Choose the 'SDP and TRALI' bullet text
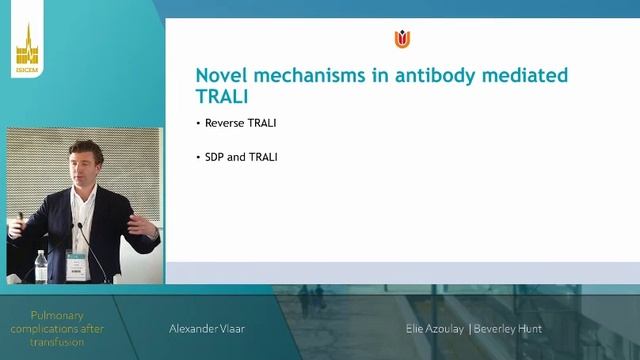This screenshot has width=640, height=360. pyautogui.click(x=240, y=157)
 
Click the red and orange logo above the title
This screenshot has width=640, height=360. pyautogui.click(x=402, y=39)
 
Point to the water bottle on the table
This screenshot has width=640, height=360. pyautogui.click(x=40, y=265)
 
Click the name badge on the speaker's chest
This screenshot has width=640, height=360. pyautogui.click(x=75, y=265)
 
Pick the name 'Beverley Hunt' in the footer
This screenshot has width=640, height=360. pyautogui.click(x=508, y=328)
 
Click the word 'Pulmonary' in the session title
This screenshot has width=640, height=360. pyautogui.click(x=60, y=314)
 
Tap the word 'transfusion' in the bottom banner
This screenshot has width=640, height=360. pyautogui.click(x=60, y=342)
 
